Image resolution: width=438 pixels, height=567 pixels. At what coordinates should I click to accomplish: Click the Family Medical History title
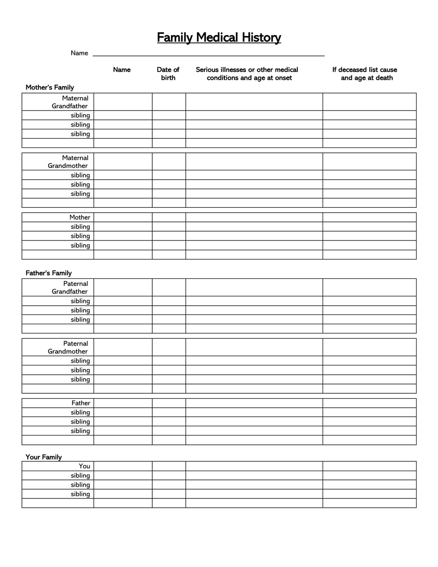[x=219, y=37]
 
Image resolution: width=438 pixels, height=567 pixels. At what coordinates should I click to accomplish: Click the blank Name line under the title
[x=208, y=53]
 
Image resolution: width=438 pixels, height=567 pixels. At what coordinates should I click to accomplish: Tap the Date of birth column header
[x=168, y=73]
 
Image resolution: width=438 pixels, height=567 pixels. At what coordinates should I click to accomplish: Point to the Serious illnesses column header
[x=247, y=73]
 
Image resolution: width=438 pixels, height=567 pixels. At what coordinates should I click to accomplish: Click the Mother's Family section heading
[x=50, y=88]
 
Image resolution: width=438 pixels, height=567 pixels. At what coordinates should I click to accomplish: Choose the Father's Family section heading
[x=49, y=273]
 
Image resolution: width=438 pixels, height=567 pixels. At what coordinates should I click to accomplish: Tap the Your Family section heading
[x=44, y=457]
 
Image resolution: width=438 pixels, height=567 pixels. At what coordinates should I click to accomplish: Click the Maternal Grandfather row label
[x=71, y=102]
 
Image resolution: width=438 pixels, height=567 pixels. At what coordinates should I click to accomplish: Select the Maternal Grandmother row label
[x=69, y=162]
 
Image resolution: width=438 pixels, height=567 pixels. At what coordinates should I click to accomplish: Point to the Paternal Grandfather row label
[x=71, y=288]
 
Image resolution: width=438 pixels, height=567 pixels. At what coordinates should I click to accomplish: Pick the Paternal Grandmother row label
[x=69, y=348]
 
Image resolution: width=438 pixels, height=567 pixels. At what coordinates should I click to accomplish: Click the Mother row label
[x=80, y=217]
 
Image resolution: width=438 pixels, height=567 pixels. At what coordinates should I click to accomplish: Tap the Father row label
[x=81, y=403]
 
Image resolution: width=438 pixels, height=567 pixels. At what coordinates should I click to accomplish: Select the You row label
[x=85, y=466]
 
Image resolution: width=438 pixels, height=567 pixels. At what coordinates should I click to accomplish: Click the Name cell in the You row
[x=123, y=466]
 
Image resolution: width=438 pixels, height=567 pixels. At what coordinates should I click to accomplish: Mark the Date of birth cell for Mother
[x=168, y=217]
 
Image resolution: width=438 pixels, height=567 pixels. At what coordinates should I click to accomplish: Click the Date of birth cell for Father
[x=168, y=403]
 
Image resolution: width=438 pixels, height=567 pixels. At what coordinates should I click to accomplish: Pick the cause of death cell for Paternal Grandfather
[x=369, y=288]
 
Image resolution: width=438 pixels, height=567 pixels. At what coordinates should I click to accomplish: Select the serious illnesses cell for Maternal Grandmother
[x=254, y=162]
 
